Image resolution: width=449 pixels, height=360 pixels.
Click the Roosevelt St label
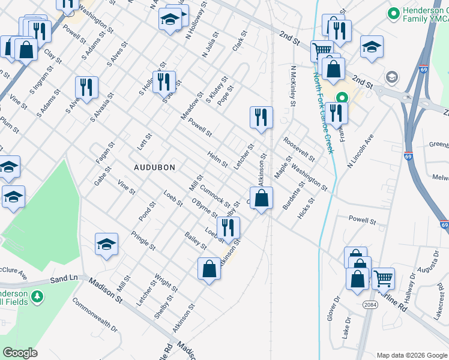(x=299, y=150)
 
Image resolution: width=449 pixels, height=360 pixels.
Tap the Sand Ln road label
(x=64, y=279)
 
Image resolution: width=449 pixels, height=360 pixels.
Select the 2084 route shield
(x=370, y=305)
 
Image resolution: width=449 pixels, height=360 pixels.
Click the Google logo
(x=20, y=352)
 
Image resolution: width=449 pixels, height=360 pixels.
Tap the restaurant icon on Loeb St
(x=228, y=227)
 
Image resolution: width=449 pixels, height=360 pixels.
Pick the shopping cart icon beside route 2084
(x=383, y=278)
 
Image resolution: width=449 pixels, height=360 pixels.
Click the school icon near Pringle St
(x=106, y=244)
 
